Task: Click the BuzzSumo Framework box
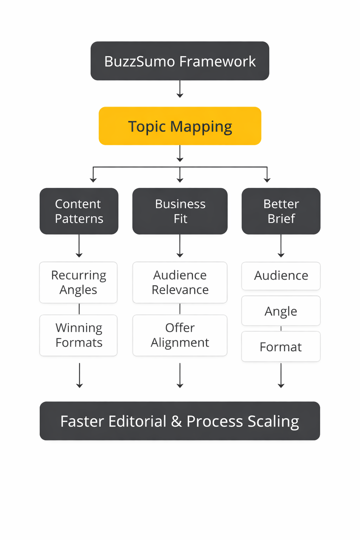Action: point(180,61)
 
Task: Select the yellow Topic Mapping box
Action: point(180,126)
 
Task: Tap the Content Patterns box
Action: point(79,211)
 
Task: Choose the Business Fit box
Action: point(180,211)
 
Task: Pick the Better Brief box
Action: point(281,211)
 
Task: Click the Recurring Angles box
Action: point(78,282)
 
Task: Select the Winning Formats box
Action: point(78,335)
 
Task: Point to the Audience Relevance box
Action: point(180,282)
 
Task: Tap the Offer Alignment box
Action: point(180,335)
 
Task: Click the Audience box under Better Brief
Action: point(281,276)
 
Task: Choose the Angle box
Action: point(281,311)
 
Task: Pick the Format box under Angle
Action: point(281,347)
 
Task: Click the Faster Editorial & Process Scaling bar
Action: point(180,421)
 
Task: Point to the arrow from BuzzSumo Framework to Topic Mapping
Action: point(180,89)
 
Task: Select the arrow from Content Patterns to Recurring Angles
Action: point(79,246)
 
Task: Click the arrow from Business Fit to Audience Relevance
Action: point(180,246)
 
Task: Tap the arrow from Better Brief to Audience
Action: point(281,246)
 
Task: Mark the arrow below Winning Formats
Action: point(79,375)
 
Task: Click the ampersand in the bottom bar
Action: point(176,421)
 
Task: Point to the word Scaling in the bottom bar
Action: point(273,421)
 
